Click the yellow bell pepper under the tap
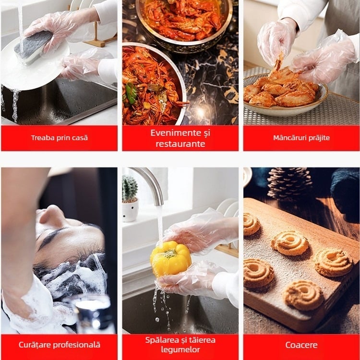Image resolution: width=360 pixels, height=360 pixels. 170,258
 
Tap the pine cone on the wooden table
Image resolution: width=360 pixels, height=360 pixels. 289,183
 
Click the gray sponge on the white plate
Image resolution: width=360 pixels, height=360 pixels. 33,47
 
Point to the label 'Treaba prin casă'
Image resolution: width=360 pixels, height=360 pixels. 59,138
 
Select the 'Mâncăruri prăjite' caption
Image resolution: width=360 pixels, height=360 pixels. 301,138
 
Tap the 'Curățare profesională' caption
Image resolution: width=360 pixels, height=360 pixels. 59,345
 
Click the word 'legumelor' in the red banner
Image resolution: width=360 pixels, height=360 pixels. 180,350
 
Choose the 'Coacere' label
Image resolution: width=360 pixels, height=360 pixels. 301,345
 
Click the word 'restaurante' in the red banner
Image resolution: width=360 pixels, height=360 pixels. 180,144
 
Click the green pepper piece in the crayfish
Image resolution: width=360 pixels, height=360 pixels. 131,93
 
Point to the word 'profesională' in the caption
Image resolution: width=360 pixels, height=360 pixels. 76,345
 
